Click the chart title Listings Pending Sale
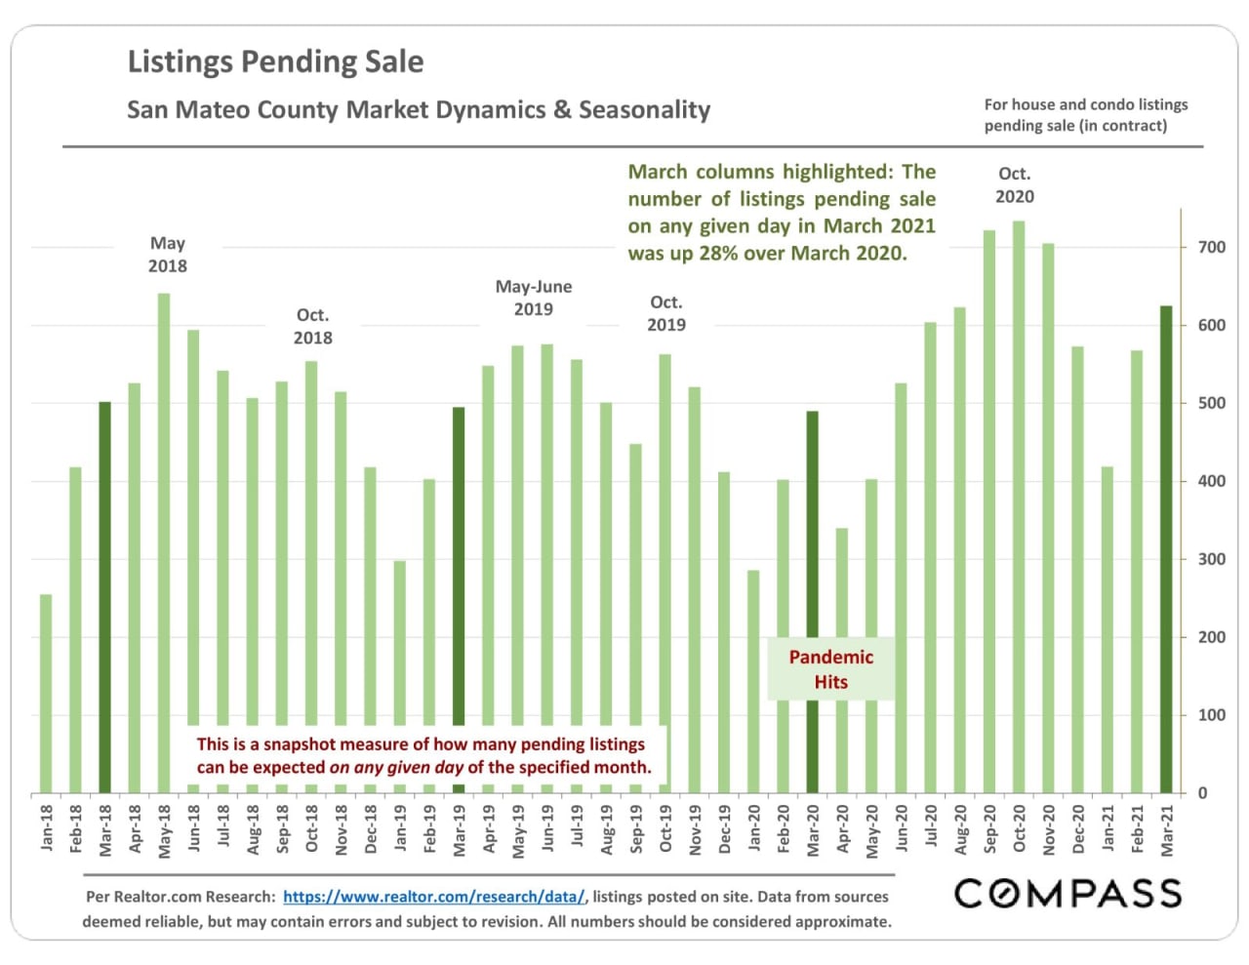coord(275,61)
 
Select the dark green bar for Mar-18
coord(105,596)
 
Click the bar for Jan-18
coord(46,693)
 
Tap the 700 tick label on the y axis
coord(1212,248)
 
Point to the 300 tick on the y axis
coord(1212,560)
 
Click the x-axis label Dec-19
coord(724,829)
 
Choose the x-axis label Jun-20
coord(901,828)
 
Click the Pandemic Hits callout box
coord(830,669)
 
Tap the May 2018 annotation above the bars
coord(167,254)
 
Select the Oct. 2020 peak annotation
coord(1014,184)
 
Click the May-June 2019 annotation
coord(533,298)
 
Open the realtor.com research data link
coord(434,897)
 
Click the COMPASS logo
coord(1068,893)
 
